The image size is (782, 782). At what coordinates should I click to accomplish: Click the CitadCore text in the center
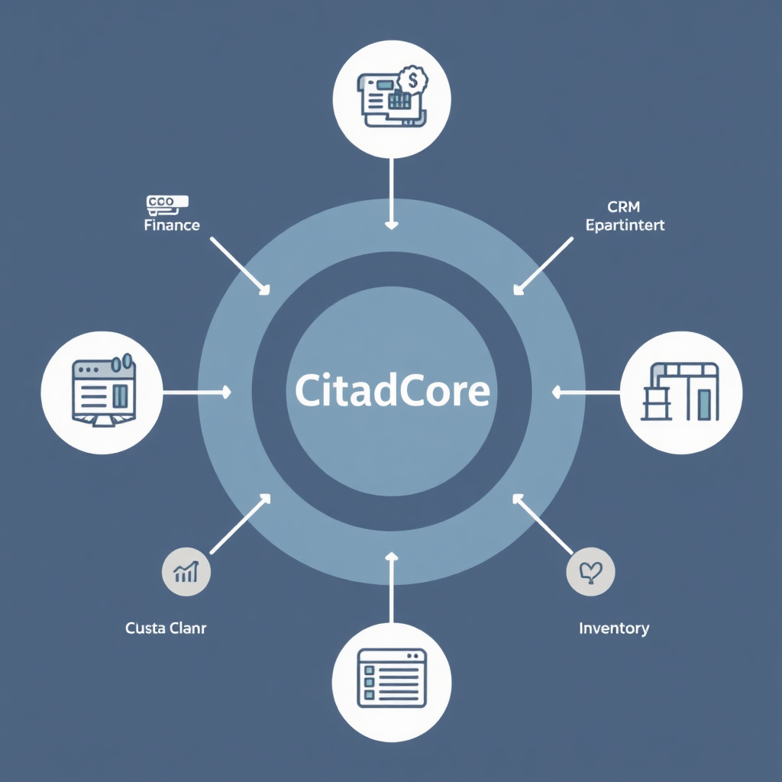392,391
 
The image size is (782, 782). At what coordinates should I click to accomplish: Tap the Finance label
172,225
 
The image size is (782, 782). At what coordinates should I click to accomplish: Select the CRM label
624,206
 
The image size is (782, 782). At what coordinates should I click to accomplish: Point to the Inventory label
614,629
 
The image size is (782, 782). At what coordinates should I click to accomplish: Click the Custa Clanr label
166,629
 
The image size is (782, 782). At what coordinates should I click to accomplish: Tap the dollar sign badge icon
412,79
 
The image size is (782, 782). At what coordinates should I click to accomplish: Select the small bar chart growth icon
186,572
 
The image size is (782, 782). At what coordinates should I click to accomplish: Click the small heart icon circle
591,572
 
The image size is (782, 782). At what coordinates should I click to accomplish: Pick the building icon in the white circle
681,392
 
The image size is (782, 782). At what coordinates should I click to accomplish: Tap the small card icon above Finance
166,202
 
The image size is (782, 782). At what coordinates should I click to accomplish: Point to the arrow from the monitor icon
195,393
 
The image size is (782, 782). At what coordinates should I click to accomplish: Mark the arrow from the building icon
586,393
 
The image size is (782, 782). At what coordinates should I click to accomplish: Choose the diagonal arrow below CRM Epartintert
544,265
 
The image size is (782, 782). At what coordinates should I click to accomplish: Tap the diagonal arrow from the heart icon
543,524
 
